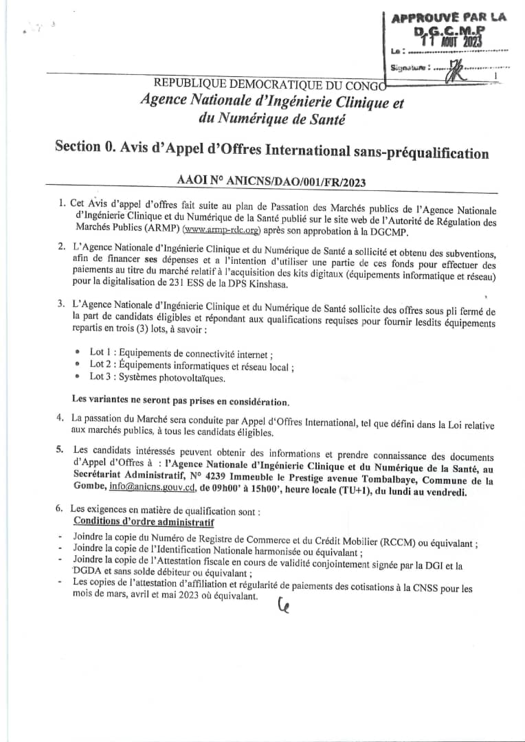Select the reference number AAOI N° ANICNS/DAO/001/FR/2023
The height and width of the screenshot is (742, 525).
pos(271,181)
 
